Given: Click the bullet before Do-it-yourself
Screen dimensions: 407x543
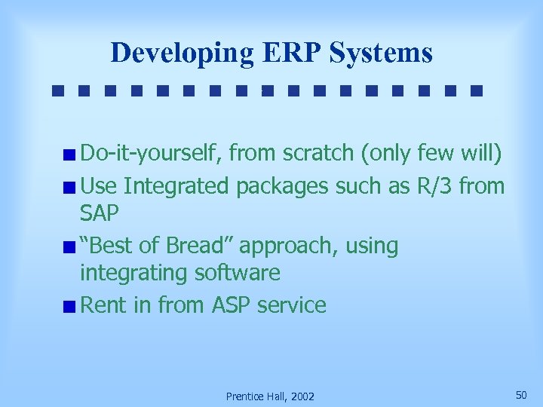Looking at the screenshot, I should click(69, 155).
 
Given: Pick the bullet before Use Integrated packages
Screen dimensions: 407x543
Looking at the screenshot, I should click(69, 186).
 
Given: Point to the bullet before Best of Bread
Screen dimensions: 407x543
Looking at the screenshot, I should click(69, 247).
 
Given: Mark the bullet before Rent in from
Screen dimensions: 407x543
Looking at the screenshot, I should click(69, 307).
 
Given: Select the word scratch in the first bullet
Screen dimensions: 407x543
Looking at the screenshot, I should click(318, 154).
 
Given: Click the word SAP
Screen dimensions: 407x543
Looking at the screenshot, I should click(100, 214).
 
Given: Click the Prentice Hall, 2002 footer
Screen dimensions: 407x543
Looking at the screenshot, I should click(271, 396).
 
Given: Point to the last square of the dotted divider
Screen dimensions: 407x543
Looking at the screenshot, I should click(475, 91).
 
